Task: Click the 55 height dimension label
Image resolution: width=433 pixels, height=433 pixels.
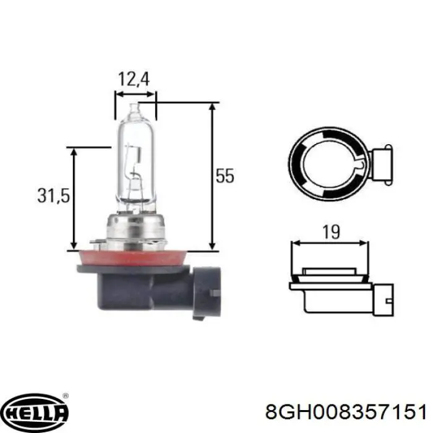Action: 225,176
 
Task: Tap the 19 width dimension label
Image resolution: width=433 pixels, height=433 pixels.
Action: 332,233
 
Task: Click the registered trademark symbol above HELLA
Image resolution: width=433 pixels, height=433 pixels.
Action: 66,395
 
